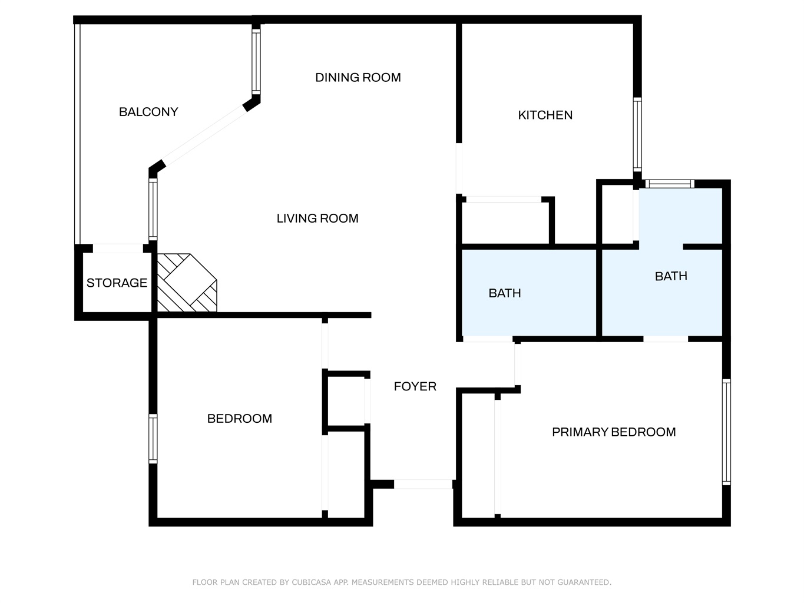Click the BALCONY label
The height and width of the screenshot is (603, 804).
148,112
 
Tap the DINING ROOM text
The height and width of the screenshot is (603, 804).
358,77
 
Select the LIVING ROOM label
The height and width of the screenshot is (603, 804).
317,218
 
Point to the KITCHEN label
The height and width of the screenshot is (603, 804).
545,115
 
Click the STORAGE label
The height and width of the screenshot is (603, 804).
117,283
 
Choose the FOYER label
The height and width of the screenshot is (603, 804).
415,386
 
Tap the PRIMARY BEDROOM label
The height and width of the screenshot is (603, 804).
614,432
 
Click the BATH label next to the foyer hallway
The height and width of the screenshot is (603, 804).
505,293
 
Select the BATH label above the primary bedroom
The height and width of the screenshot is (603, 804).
671,276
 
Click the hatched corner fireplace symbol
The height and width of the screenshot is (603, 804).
187,283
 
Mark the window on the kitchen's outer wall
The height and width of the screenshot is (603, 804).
637,134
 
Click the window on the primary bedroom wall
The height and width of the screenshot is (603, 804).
726,432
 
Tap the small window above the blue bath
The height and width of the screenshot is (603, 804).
670,183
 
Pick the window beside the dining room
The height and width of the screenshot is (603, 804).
256,61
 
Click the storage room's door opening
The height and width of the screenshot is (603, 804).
118,249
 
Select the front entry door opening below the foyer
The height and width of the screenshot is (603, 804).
423,484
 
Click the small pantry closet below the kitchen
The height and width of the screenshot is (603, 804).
505,223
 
